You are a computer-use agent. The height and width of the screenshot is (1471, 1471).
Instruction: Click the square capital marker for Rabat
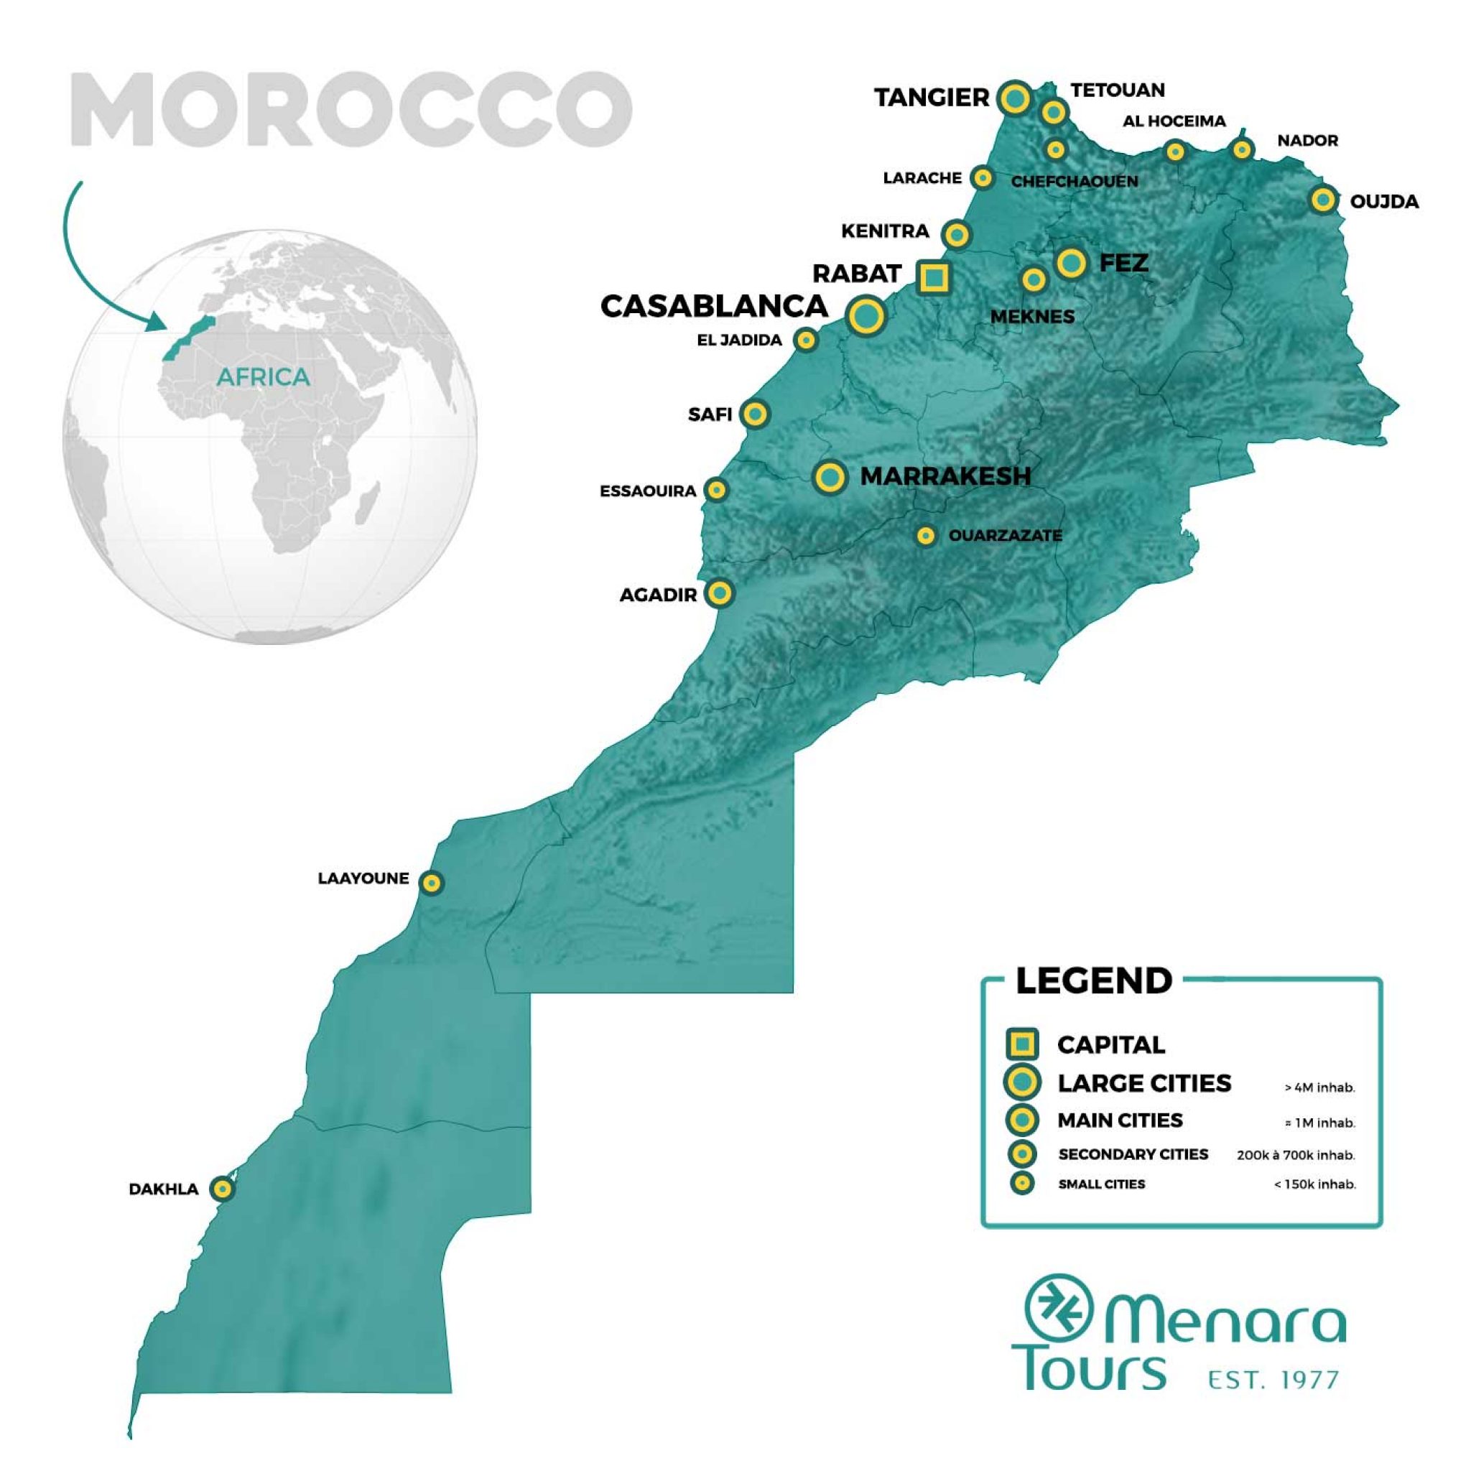point(933,278)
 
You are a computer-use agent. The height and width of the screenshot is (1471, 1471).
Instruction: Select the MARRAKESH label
point(945,476)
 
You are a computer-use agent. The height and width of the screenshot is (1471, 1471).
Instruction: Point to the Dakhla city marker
point(221,1188)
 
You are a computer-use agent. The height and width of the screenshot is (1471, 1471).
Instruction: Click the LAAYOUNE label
point(363,878)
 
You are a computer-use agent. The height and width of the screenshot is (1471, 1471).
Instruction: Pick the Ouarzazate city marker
point(925,536)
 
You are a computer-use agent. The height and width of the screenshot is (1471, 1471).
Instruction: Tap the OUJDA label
point(1383,202)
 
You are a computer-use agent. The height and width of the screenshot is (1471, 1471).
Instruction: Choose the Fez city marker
point(1071,263)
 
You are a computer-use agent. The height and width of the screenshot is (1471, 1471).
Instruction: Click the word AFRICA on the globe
point(263,377)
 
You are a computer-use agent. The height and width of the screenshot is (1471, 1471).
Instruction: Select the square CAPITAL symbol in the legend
point(1022,1044)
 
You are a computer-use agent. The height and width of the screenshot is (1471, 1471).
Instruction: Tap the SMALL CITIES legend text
point(1101,1184)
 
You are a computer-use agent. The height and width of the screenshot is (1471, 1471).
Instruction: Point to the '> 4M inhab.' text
point(1319,1087)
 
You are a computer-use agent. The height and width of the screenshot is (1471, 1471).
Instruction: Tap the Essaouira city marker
point(715,490)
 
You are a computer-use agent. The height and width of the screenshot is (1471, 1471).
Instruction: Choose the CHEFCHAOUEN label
point(1075,181)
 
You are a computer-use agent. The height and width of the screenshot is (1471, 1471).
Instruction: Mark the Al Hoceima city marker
point(1176,152)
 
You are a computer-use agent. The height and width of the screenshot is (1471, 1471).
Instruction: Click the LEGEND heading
point(1093,980)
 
